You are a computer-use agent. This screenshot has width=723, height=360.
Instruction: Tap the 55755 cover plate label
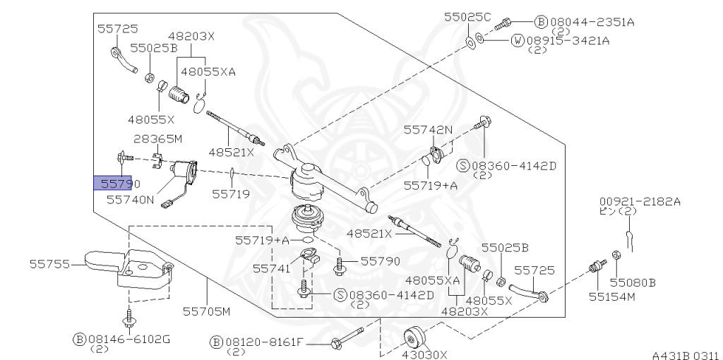[50, 264]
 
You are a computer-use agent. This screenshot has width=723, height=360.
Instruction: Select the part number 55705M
[207, 311]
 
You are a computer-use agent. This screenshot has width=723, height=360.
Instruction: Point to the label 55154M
[611, 297]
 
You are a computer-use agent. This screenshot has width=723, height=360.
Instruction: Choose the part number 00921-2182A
[640, 201]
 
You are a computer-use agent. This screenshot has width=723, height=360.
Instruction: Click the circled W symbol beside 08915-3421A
[518, 40]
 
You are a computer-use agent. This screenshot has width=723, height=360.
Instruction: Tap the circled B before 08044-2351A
[540, 22]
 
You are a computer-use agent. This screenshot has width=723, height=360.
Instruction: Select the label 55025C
[467, 17]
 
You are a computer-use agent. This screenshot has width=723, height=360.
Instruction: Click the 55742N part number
[428, 130]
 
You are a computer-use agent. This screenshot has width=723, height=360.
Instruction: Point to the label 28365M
[158, 139]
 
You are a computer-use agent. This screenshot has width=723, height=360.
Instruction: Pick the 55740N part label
[131, 200]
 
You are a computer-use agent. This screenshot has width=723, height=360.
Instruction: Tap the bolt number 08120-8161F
[264, 342]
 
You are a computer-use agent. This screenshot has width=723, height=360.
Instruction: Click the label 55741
[272, 268]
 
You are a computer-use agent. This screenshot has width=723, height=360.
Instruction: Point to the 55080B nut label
[633, 282]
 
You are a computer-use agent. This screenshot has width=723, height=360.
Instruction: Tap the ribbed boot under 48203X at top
[179, 95]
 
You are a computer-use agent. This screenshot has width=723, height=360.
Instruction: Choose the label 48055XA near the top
[208, 71]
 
